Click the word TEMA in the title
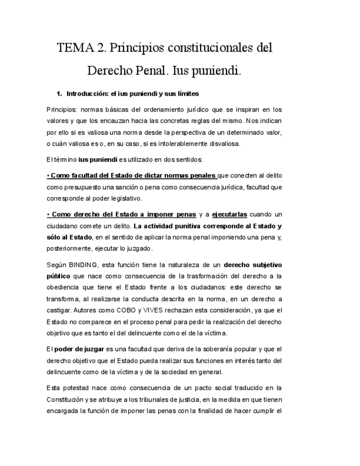coord(75,48)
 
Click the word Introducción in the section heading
coord(86,94)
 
